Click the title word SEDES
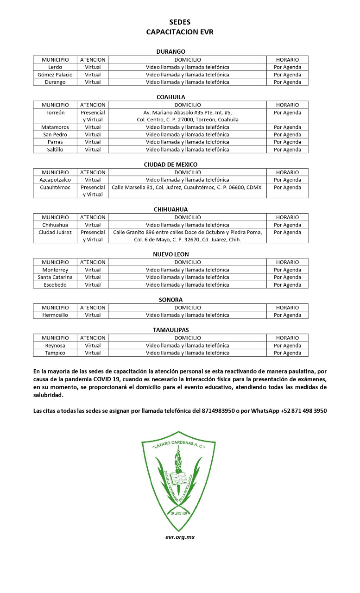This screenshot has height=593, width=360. click(x=179, y=22)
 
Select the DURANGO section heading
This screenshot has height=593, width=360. click(x=171, y=52)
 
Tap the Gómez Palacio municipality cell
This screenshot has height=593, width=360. click(x=55, y=75)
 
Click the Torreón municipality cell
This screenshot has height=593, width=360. click(x=55, y=113)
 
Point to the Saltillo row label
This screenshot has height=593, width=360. click(x=55, y=150)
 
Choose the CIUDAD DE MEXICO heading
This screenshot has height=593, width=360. click(x=171, y=164)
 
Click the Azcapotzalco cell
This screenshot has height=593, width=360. click(x=55, y=180)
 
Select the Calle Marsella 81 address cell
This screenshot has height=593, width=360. click(x=187, y=187)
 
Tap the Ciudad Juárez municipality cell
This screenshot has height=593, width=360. click(x=55, y=232)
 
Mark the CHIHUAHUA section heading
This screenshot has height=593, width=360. click(x=171, y=209)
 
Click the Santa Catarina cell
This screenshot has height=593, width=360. click(x=55, y=277)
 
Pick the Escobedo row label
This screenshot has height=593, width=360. click(x=55, y=284)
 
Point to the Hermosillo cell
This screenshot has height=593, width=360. click(x=55, y=315)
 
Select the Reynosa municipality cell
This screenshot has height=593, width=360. click(x=55, y=346)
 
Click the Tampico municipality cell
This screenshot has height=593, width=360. click(x=55, y=353)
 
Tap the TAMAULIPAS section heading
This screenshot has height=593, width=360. click(x=171, y=330)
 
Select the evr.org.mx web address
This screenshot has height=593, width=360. click(x=180, y=537)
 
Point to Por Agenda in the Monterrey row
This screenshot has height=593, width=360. click(x=287, y=270)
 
